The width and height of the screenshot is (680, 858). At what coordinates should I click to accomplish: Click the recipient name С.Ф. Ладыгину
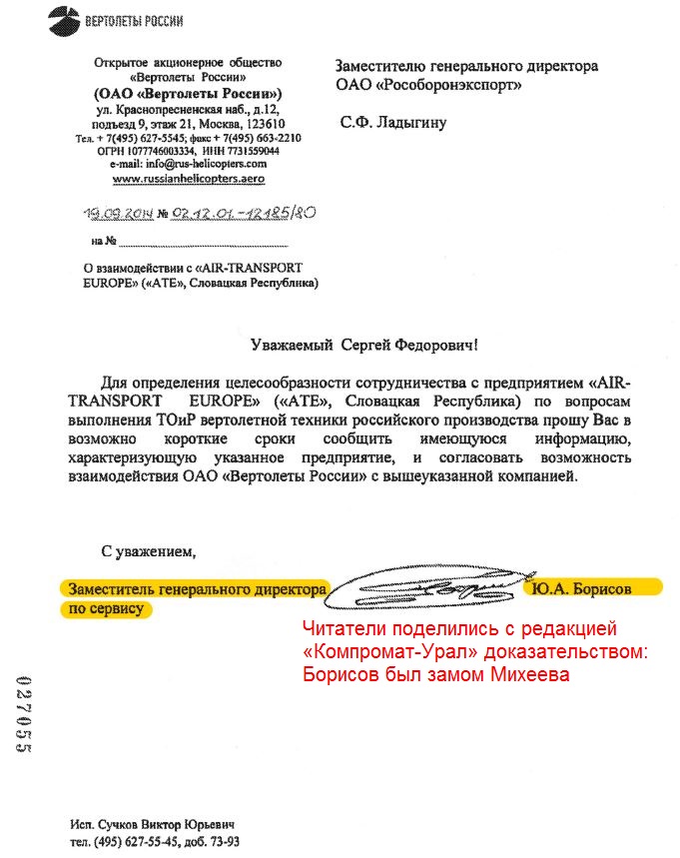393,123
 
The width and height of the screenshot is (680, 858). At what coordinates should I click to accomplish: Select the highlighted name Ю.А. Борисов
582,589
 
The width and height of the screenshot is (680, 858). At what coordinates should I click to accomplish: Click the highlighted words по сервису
105,608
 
